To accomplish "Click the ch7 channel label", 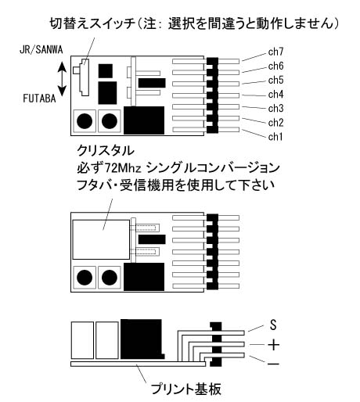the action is click(x=275, y=52).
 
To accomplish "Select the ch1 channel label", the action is click(x=275, y=136).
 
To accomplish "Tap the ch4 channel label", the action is click(x=275, y=94).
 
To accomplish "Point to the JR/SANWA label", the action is click(x=41, y=49).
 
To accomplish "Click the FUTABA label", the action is click(x=39, y=99).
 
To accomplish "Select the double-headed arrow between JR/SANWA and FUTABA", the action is click(x=62, y=79).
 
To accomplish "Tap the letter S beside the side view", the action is click(x=273, y=325).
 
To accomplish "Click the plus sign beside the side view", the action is click(x=274, y=345).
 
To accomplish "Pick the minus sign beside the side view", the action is click(x=274, y=363).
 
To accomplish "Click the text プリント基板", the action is click(x=186, y=389).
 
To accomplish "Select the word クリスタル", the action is click(x=106, y=150).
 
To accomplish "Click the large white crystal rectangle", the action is click(x=101, y=239).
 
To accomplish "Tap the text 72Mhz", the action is click(x=123, y=168).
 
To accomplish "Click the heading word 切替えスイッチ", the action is click(x=92, y=23).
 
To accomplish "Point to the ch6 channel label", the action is click(x=275, y=66).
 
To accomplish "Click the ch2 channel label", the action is click(x=275, y=122).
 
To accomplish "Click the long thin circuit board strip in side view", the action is click(x=138, y=364).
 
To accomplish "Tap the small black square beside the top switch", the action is click(x=106, y=71).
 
